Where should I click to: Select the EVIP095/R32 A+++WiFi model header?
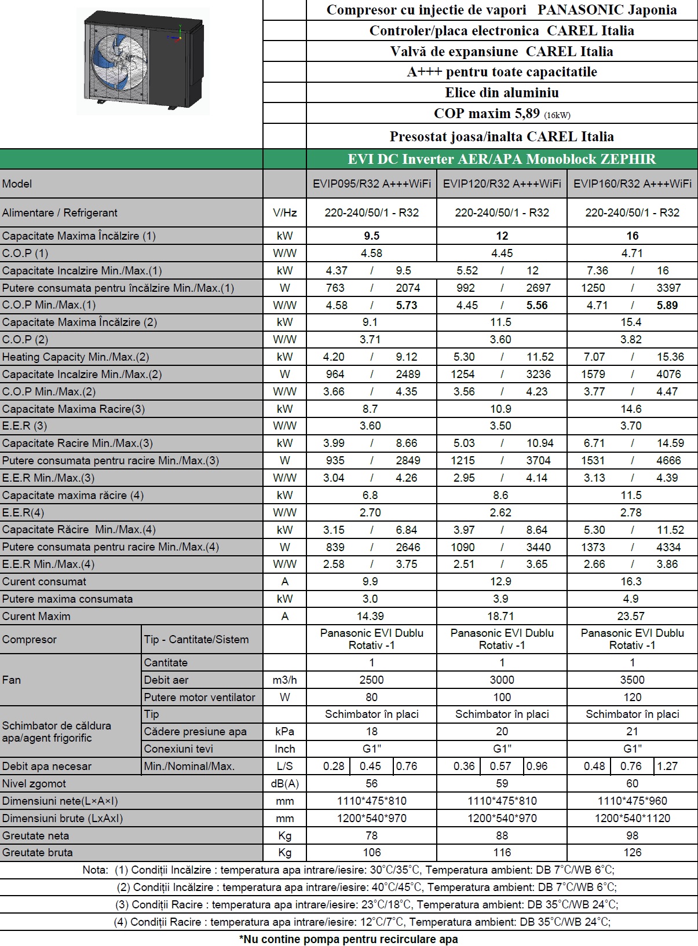[x=371, y=184]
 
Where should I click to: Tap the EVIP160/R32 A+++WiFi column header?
[x=632, y=184]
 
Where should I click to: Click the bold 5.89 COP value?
[x=667, y=305]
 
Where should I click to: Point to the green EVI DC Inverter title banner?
[x=502, y=159]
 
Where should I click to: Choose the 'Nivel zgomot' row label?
[x=34, y=783]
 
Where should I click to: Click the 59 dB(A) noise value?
[x=502, y=783]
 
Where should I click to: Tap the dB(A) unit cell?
[x=284, y=783]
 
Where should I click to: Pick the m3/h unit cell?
[x=284, y=680]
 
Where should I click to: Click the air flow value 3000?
[x=502, y=680]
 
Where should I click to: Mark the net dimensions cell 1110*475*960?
[x=632, y=801]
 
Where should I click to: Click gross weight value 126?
[x=632, y=852]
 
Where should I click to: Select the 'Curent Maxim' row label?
[x=36, y=616]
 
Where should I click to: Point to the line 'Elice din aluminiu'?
[x=502, y=93]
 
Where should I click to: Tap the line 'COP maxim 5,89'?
[x=502, y=113]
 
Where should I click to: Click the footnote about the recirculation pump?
[x=349, y=939]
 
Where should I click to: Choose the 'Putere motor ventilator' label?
[x=199, y=697]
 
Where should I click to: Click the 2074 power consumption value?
[x=408, y=288]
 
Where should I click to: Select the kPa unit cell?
[x=284, y=731]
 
